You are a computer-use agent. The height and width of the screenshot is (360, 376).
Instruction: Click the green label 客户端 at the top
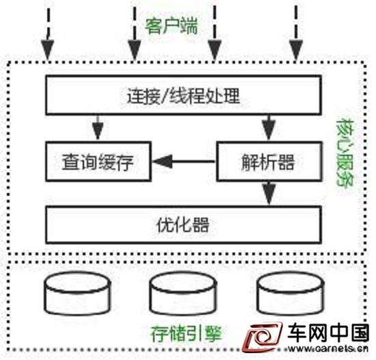(x=172, y=26)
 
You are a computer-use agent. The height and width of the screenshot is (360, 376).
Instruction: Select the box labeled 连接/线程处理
(x=183, y=95)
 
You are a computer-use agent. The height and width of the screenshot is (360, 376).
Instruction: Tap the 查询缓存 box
(x=98, y=162)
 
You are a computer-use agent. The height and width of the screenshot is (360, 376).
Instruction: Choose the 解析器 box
(x=269, y=162)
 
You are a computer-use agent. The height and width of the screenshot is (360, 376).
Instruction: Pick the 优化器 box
(x=183, y=225)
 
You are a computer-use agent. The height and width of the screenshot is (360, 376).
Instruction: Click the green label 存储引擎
(x=186, y=333)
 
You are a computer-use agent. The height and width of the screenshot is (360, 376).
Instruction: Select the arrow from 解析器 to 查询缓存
(x=184, y=162)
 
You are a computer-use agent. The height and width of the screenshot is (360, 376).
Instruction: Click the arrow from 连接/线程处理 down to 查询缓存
(x=98, y=127)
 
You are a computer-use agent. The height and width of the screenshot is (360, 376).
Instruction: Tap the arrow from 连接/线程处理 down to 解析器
(x=269, y=127)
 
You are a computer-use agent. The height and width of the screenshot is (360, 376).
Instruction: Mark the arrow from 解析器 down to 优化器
(x=269, y=194)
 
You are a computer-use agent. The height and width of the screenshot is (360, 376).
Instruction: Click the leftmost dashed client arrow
(x=48, y=34)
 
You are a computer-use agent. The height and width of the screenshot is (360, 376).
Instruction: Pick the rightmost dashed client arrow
(x=296, y=33)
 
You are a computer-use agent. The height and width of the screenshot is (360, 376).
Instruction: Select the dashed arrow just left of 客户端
(x=135, y=34)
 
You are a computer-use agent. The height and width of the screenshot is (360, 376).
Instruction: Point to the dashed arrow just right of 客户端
(x=215, y=33)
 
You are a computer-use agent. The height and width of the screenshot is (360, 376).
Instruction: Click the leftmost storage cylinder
(x=77, y=293)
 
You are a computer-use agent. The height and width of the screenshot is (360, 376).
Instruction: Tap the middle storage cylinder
(x=183, y=293)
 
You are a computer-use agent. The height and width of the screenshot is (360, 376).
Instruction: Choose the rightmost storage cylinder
(x=291, y=293)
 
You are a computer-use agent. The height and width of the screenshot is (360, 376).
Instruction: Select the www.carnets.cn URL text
(x=328, y=348)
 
